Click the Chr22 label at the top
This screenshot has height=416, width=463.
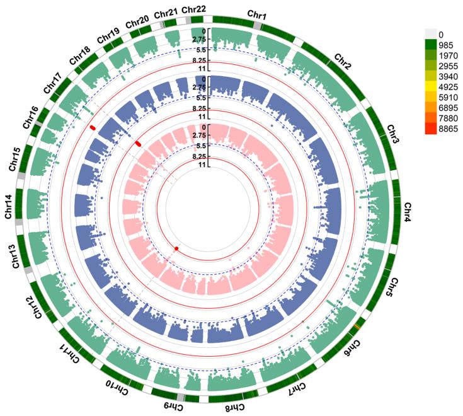[192, 9]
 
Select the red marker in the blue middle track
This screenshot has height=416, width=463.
[138, 144]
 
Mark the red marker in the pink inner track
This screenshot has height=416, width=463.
[176, 248]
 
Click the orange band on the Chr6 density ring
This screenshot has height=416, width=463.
[357, 326]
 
